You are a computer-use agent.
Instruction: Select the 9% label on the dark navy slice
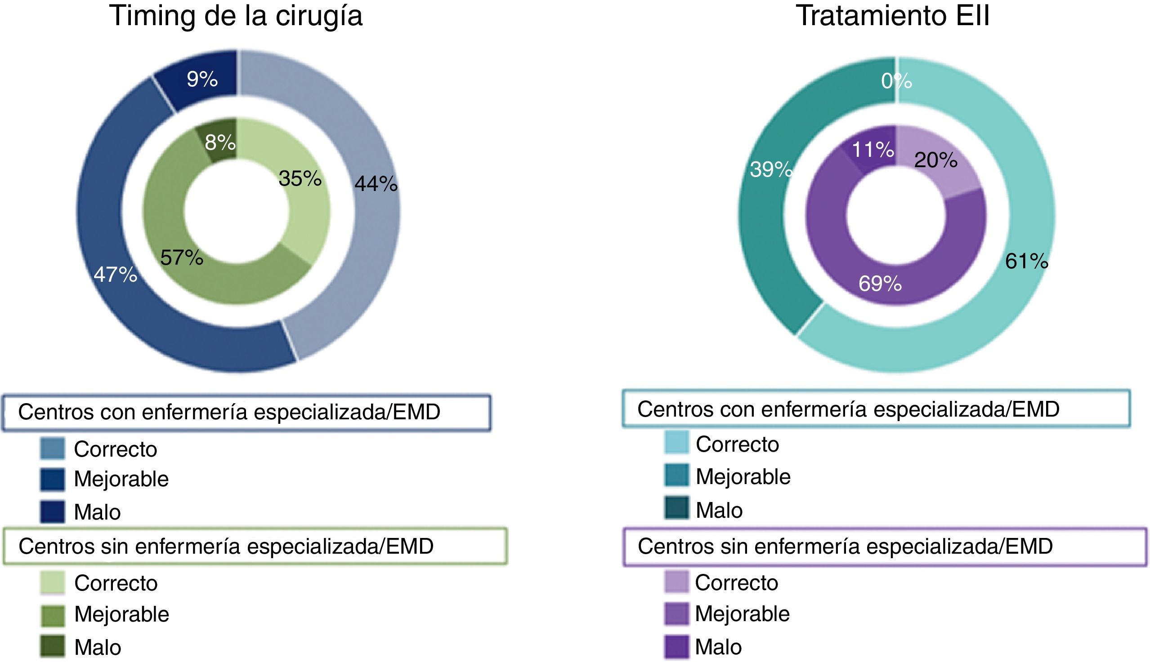202,79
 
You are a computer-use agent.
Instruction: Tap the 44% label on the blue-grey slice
376,184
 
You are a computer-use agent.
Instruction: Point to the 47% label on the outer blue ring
116,275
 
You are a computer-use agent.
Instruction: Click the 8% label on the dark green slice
220,142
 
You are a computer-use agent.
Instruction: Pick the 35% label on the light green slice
300,178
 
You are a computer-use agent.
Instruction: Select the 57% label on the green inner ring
182,258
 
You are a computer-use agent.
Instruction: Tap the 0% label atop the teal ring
896,81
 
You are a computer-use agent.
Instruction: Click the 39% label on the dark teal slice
771,169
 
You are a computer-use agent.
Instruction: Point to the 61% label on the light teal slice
1027,261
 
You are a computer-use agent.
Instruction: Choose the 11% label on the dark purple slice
873,149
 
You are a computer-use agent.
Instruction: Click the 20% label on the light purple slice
936,160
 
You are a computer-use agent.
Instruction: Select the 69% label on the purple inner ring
880,284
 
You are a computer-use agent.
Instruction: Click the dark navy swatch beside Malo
52,512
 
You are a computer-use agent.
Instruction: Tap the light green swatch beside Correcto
52,582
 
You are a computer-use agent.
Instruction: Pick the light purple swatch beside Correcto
676,582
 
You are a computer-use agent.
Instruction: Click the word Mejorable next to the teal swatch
743,476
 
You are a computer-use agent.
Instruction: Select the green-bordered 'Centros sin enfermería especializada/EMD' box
255,546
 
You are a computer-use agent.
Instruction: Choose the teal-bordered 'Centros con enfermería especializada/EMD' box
876,409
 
